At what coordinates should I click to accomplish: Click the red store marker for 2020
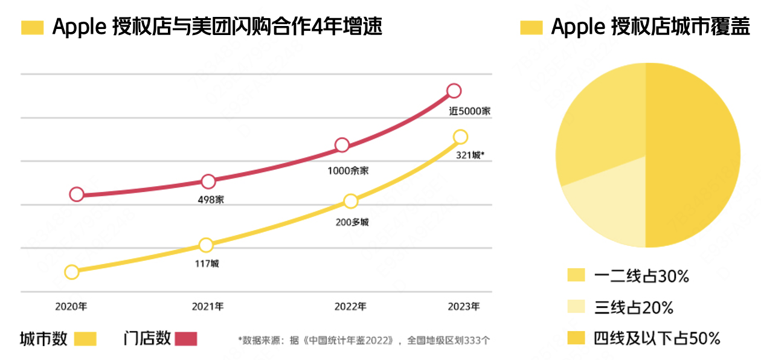(x=77, y=194)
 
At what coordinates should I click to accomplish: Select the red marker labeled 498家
(x=208, y=181)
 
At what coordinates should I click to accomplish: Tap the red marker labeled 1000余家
(x=342, y=145)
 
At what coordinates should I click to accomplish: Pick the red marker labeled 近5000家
(x=454, y=91)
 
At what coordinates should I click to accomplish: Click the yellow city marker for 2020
(x=72, y=272)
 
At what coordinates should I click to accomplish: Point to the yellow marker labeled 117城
(x=206, y=245)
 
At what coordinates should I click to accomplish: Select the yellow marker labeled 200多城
(x=351, y=201)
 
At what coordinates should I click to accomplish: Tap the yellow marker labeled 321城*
(x=460, y=137)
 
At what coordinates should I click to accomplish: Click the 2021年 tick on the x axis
(x=208, y=307)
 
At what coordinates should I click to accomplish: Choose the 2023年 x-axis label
(x=464, y=307)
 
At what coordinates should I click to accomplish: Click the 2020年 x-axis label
(x=71, y=307)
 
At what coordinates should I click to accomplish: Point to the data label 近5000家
(x=469, y=112)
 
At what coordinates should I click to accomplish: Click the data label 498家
(x=211, y=200)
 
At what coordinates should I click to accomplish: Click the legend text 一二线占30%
(x=641, y=277)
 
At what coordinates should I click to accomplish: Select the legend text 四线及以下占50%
(x=657, y=339)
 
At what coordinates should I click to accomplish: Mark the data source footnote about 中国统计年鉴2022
(x=364, y=340)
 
